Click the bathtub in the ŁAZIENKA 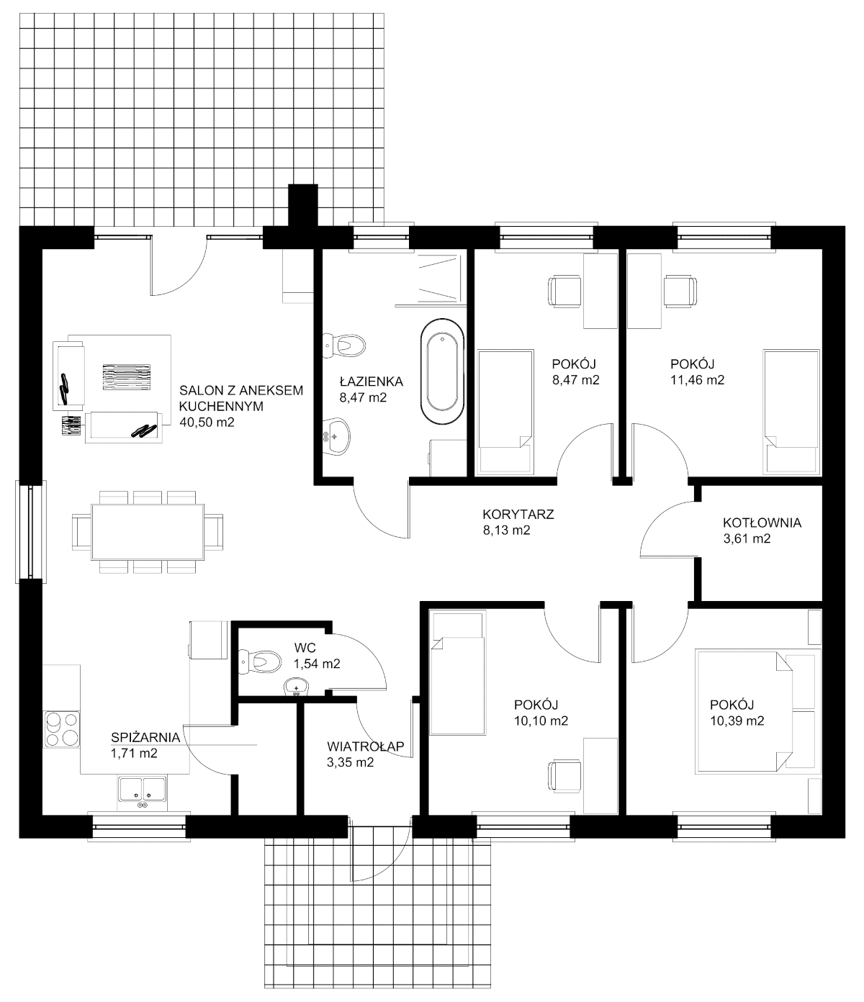pos(441,372)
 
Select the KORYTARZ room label pos(518,514)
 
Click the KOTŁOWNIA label pos(762,523)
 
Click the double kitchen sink pos(142,789)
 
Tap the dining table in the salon pos(148,532)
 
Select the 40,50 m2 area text pos(207,423)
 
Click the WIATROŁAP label pos(365,746)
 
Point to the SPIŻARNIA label pos(145,738)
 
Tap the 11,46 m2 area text pos(697,380)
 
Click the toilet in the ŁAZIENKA pos(343,346)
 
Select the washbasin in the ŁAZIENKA pos(336,436)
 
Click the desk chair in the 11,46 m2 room pos(680,291)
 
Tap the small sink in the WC pos(296,687)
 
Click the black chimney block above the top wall pos(303,206)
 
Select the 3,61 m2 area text pos(747,538)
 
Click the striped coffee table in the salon pos(127,377)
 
